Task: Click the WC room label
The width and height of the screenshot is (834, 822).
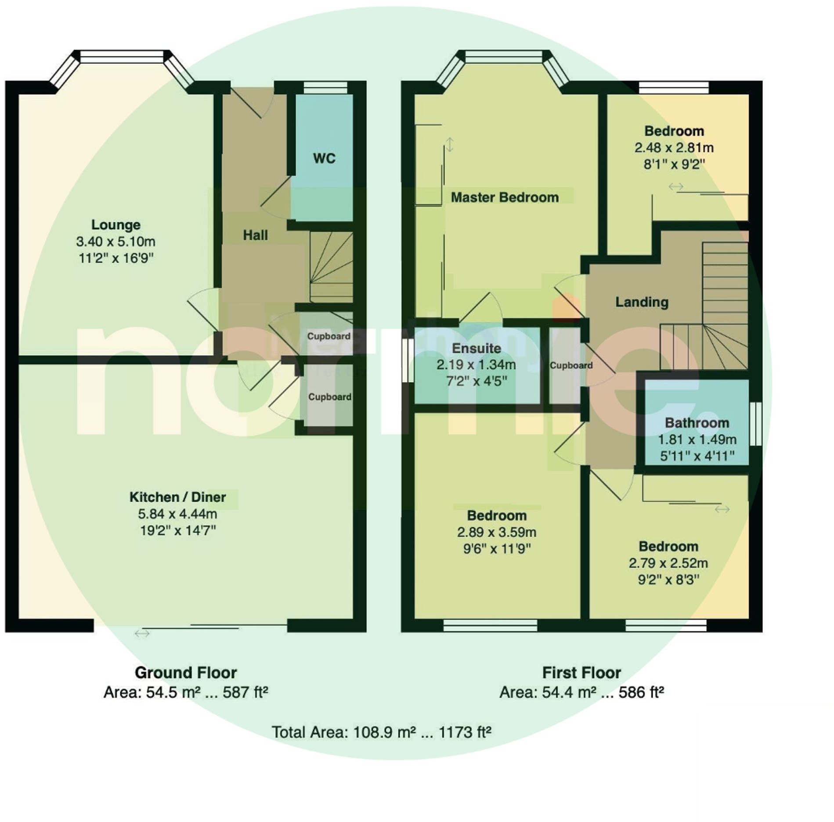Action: click(x=324, y=158)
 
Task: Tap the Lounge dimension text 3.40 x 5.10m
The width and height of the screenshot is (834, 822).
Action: click(x=116, y=242)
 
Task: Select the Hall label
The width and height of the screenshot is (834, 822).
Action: click(x=255, y=235)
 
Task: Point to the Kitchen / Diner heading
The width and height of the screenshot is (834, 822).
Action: click(x=177, y=497)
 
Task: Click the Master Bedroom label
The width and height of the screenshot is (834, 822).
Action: click(x=505, y=198)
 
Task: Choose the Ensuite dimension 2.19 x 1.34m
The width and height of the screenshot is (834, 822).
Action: click(x=476, y=365)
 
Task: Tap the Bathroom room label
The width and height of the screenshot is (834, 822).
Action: click(x=697, y=423)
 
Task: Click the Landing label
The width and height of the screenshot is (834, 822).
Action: click(x=642, y=302)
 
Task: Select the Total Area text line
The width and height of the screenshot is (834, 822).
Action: click(x=381, y=732)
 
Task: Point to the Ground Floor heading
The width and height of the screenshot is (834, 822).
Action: click(x=185, y=673)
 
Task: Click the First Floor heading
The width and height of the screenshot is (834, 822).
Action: click(x=581, y=673)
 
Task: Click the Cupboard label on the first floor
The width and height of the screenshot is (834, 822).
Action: click(x=571, y=365)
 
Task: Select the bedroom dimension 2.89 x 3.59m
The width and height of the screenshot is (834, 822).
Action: click(x=496, y=532)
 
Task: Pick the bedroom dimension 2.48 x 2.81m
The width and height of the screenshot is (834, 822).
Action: click(x=674, y=148)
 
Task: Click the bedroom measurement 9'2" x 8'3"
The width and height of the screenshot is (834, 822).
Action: click(x=668, y=580)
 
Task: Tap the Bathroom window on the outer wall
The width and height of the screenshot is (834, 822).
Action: click(x=755, y=424)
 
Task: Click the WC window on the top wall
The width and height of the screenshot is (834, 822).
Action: click(x=325, y=87)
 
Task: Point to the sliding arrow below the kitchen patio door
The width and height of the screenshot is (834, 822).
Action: click(x=142, y=633)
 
